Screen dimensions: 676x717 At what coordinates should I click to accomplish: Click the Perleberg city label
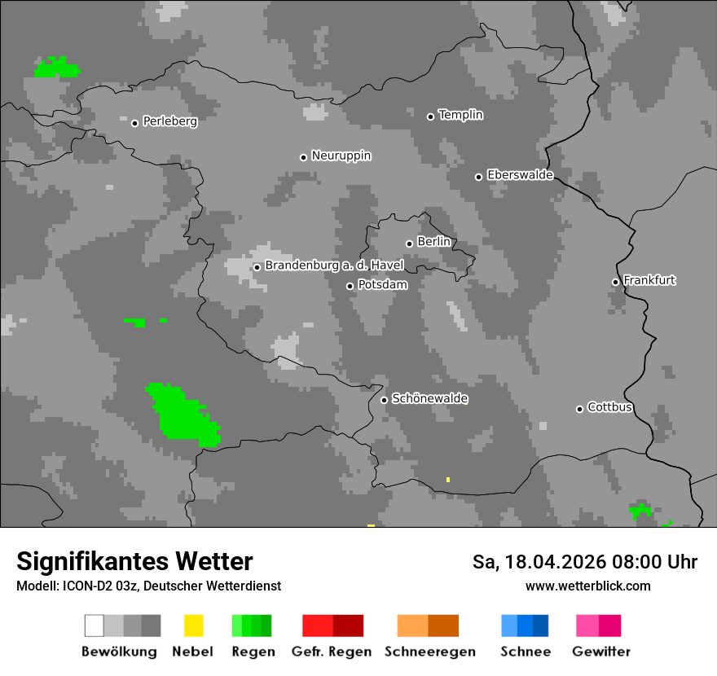click(169, 121)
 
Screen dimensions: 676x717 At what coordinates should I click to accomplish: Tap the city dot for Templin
click(430, 116)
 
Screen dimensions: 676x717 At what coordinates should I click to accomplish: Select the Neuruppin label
click(341, 156)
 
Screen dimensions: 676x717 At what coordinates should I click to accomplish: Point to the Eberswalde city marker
click(478, 177)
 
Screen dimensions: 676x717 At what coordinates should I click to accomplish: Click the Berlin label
click(433, 242)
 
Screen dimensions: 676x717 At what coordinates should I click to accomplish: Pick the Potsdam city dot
click(350, 286)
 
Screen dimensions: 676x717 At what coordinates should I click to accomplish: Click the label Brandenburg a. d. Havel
click(334, 266)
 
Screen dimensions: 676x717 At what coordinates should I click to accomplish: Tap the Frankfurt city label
click(649, 280)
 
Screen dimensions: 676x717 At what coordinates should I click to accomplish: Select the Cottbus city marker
click(579, 409)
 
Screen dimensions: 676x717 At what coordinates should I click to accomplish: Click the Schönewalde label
click(430, 398)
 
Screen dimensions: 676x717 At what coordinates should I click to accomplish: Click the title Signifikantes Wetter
click(134, 561)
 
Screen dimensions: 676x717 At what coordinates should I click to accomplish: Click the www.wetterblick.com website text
click(587, 586)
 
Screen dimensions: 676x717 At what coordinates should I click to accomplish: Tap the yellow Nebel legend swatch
click(193, 626)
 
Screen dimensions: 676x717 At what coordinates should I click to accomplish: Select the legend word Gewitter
click(601, 652)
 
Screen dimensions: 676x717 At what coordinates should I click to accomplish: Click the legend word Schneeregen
click(430, 652)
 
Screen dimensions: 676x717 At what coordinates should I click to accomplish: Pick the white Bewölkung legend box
click(95, 626)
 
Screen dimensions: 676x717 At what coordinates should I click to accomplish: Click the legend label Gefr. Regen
click(332, 652)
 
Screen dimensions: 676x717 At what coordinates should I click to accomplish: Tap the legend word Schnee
click(526, 652)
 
